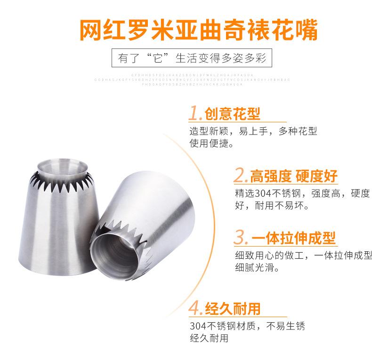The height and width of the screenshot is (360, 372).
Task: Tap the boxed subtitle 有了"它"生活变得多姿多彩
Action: tap(186, 60)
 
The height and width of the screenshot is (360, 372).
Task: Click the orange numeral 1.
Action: tap(195, 113)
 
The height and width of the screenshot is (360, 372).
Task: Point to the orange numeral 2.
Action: tap(241, 176)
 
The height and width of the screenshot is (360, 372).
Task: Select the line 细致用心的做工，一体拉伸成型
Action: tap(303, 256)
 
